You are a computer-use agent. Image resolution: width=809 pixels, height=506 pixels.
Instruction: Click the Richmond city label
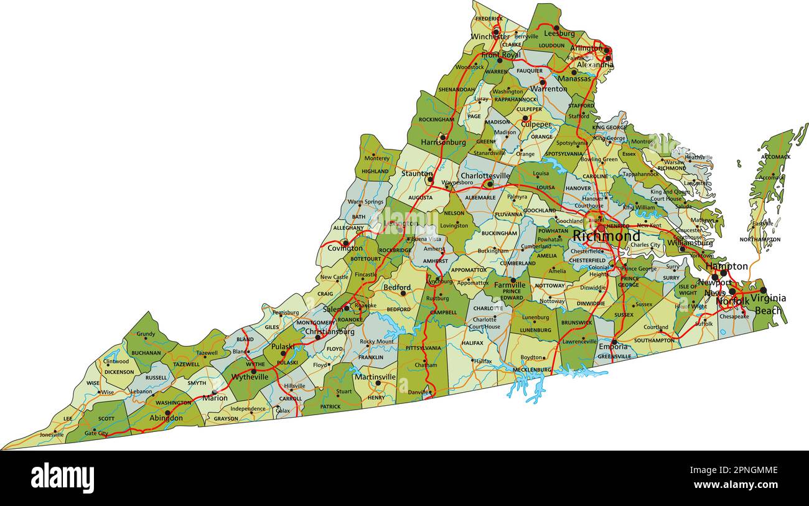[606, 237]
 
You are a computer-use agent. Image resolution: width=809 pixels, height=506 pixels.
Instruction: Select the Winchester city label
[490, 37]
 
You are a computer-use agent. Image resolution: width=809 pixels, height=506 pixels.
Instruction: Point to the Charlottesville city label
[485, 176]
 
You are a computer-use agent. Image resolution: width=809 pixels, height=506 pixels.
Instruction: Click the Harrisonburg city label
[443, 143]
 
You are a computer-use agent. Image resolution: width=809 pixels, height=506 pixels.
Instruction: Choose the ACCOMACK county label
[775, 157]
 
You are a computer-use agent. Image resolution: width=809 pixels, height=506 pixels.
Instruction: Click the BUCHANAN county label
[146, 353]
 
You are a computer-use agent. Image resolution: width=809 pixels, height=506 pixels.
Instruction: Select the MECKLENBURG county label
[531, 370]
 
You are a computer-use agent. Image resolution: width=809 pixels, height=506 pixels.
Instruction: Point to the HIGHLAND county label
[375, 172]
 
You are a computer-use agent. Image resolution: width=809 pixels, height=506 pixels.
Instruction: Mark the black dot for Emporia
[614, 342]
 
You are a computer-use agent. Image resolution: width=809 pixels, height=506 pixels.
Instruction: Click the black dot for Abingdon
[167, 412]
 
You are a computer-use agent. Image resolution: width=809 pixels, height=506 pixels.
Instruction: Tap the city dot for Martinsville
[378, 383]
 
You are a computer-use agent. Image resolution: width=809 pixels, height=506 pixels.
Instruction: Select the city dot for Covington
[345, 243]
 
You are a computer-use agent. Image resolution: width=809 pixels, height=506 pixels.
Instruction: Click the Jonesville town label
[52, 434]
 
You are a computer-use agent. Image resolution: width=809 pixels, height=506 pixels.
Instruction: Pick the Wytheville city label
[250, 377]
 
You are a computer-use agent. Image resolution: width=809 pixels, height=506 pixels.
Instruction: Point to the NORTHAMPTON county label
[760, 240]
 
